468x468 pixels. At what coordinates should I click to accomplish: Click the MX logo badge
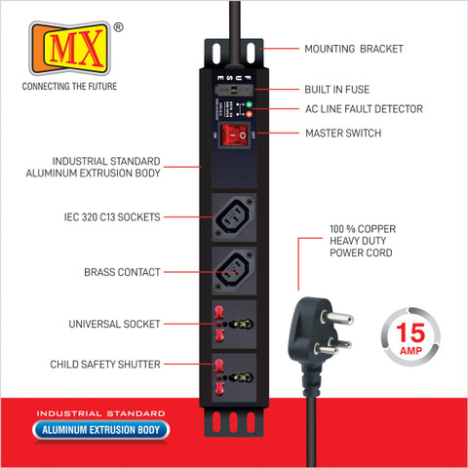point(70,48)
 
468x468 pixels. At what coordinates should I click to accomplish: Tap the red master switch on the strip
point(234,135)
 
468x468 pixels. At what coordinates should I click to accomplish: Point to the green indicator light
point(249,104)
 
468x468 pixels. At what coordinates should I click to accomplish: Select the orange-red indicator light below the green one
point(249,114)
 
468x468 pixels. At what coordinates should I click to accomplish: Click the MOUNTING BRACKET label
point(354,49)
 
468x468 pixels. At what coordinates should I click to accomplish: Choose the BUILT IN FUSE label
point(337,90)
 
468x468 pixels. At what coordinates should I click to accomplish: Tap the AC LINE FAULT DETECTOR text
point(364,109)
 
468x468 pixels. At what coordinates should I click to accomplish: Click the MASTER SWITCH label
point(343,133)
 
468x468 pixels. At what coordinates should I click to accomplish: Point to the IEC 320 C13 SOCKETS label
point(112,216)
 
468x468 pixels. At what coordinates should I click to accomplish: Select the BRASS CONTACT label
point(122,272)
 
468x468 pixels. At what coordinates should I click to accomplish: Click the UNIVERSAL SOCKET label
point(114,324)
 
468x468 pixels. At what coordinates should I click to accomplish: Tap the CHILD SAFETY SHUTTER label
point(105,365)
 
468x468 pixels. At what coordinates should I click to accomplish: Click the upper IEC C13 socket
point(234,217)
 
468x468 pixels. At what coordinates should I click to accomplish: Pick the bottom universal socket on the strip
point(234,377)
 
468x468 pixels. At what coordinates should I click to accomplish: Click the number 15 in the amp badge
point(410,332)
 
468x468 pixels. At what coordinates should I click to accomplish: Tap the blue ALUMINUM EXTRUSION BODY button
point(100,430)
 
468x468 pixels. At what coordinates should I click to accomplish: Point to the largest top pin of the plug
point(337,317)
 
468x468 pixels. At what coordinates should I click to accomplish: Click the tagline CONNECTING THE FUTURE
point(69,86)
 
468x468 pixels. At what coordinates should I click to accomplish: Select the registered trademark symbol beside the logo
point(119,27)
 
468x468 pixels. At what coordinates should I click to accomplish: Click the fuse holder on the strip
point(233,90)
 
